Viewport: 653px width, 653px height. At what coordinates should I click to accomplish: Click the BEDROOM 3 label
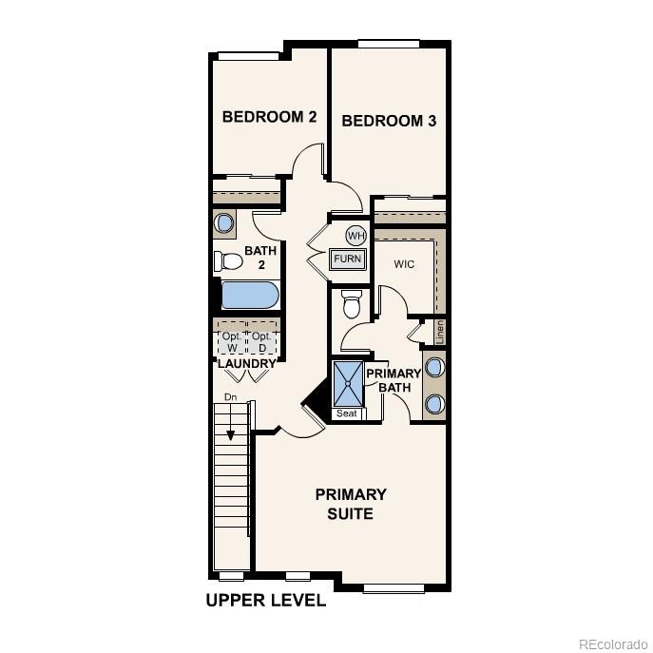pyautogui.click(x=389, y=121)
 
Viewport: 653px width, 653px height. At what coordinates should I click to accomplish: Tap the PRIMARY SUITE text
pyautogui.click(x=351, y=504)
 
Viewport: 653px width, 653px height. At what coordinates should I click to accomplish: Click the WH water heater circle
pyautogui.click(x=355, y=236)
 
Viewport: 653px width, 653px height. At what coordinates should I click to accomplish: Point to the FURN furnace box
pyautogui.click(x=348, y=259)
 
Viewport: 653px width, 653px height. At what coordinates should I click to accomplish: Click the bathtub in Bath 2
pyautogui.click(x=250, y=295)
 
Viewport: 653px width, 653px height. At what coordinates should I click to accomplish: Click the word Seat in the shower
pyautogui.click(x=347, y=413)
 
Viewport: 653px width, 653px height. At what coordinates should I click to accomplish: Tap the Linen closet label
pyautogui.click(x=440, y=332)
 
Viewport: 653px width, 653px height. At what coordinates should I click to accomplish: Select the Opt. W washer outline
pyautogui.click(x=231, y=341)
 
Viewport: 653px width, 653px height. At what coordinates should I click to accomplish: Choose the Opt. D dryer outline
pyautogui.click(x=261, y=341)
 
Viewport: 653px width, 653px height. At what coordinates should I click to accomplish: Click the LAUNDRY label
pyautogui.click(x=246, y=364)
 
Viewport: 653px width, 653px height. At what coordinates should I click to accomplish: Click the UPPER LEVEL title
pyautogui.click(x=266, y=601)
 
